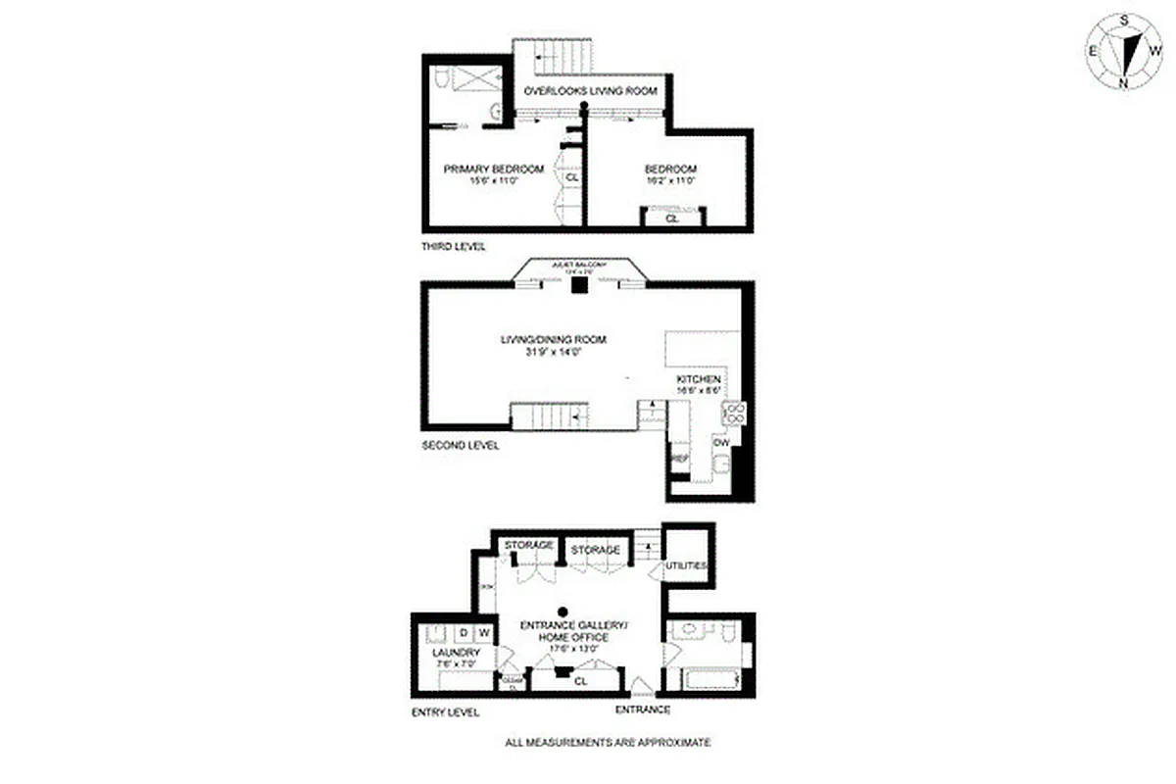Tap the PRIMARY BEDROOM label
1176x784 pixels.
point(493,169)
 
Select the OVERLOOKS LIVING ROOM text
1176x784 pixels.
point(590,91)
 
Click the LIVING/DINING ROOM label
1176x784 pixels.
point(553,340)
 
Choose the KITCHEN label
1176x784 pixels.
point(699,379)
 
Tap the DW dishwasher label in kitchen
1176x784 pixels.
point(721,443)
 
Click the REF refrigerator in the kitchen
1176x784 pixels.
point(678,459)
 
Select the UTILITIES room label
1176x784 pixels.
point(686,566)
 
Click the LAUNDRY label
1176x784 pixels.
point(456,653)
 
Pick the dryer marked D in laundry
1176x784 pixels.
point(464,632)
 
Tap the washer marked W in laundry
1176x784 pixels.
point(484,632)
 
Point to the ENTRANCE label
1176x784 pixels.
point(642,710)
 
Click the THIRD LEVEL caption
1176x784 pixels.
point(453,246)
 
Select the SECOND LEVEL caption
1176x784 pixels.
point(460,445)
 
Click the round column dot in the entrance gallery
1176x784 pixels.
point(563,608)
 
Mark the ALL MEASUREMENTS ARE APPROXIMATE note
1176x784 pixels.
point(608,743)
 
